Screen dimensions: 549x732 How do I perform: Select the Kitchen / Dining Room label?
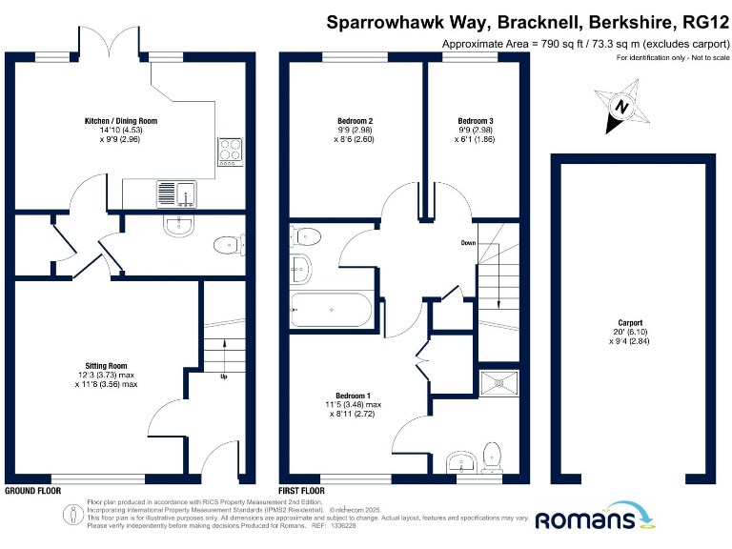[x=120, y=121]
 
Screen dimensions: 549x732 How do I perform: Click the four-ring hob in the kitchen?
[x=231, y=150]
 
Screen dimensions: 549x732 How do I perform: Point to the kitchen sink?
[x=174, y=193]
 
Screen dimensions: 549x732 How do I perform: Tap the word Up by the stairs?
[x=224, y=376]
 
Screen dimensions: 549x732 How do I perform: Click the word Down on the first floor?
[x=468, y=243]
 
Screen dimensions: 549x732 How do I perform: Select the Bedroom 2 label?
[x=355, y=121]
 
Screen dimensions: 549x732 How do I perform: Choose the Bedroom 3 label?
[x=476, y=121]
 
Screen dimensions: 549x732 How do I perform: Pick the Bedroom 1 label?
[x=354, y=396]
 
